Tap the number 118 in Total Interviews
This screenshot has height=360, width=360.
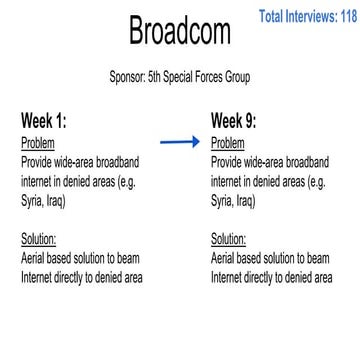pyautogui.click(x=345, y=16)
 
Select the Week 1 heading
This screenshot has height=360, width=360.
pyautogui.click(x=44, y=121)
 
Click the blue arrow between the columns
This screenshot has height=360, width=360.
pyautogui.click(x=181, y=143)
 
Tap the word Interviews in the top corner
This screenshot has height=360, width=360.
pyautogui.click(x=304, y=16)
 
